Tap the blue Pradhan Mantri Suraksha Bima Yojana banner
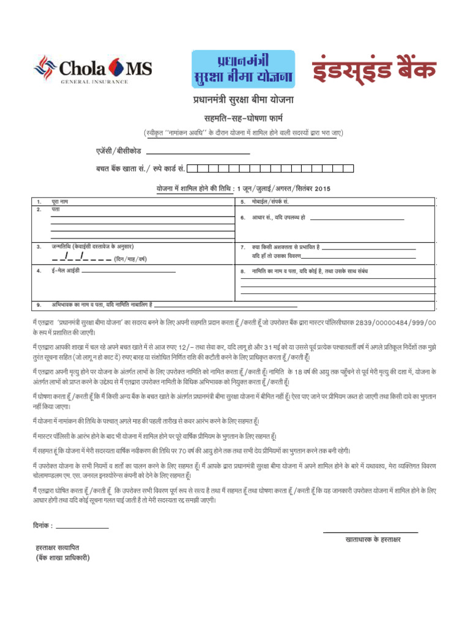click(243, 68)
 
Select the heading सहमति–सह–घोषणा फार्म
click(234, 117)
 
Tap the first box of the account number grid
click(192, 168)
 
